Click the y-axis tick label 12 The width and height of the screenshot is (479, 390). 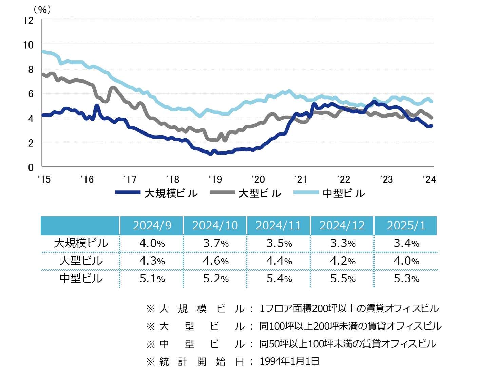click(28, 20)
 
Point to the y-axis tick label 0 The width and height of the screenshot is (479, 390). click(31, 167)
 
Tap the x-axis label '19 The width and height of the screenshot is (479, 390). click(215, 179)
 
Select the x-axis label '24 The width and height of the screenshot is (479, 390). click(429, 179)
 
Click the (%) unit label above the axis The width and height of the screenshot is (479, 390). click(42, 10)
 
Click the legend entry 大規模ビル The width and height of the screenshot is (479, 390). click(156, 193)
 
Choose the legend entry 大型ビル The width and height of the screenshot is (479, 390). click(246, 193)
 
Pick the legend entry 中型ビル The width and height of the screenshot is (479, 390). click(329, 193)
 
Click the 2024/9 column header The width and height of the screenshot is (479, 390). click(152, 226)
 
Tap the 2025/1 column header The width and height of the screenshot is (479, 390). click(406, 226)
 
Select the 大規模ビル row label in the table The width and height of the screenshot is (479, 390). click(81, 243)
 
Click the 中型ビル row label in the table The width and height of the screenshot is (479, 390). click(81, 279)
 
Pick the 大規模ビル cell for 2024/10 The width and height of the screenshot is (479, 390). click(215, 243)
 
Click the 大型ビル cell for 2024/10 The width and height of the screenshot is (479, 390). click(215, 261)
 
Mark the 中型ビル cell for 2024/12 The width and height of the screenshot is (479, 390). click(343, 279)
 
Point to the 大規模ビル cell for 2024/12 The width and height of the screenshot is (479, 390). click(343, 243)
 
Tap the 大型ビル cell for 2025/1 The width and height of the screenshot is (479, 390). click(406, 261)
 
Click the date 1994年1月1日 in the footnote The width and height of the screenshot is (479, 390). click(289, 361)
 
